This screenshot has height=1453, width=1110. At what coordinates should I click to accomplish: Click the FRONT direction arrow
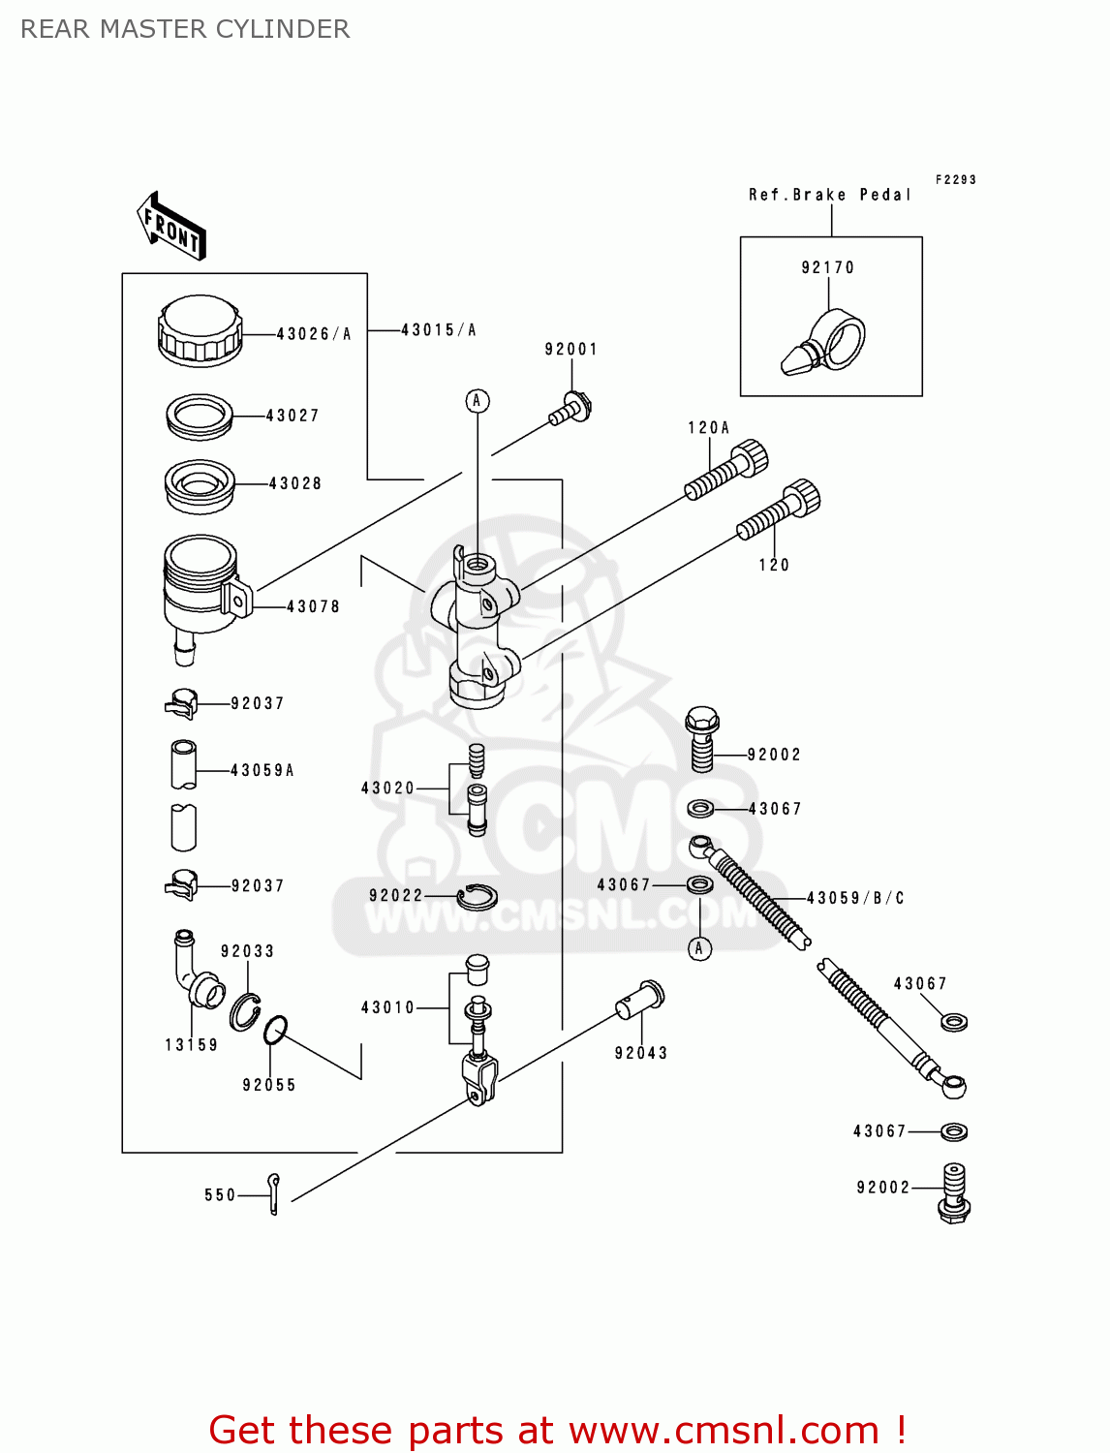pos(171,226)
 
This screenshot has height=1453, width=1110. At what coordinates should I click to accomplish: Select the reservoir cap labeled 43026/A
pos(200,330)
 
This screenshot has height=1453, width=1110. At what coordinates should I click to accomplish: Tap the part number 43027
pos(293,416)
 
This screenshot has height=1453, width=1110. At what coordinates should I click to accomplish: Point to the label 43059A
pos(262,770)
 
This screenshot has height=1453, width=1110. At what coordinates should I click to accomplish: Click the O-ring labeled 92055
pos(276,1030)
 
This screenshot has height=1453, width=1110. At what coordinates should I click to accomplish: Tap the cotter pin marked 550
pos(274,1193)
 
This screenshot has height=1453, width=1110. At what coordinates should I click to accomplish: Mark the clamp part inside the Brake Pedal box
pos(825,343)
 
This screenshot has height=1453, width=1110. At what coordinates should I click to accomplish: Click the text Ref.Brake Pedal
pos(830,195)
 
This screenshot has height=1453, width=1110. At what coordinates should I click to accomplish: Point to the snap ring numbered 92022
pos(477,897)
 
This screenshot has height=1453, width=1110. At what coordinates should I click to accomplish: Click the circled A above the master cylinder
pos(477,400)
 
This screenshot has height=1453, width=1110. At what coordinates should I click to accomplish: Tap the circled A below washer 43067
pos(699,948)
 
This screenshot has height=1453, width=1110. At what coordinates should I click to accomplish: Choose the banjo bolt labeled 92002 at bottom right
pos(954,1192)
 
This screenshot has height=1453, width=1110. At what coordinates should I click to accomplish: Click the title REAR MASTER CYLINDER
pos(185,29)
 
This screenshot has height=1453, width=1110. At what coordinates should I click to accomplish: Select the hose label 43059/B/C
pos(855,898)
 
